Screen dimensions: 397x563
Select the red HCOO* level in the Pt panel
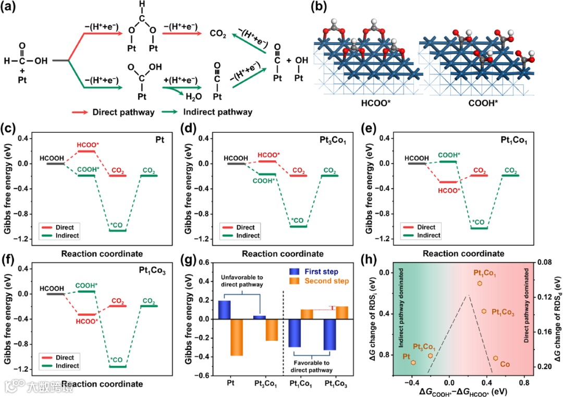click(87, 151)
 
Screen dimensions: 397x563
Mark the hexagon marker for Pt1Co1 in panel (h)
click(480, 283)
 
